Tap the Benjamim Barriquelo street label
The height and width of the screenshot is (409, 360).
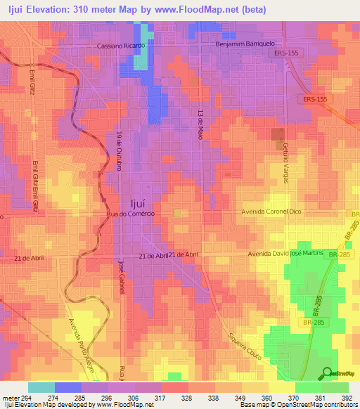pos(245,45)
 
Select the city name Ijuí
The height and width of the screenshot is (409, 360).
pos(134,199)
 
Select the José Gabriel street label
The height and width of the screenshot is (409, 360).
pos(121,280)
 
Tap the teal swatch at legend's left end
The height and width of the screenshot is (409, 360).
pos(41,387)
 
